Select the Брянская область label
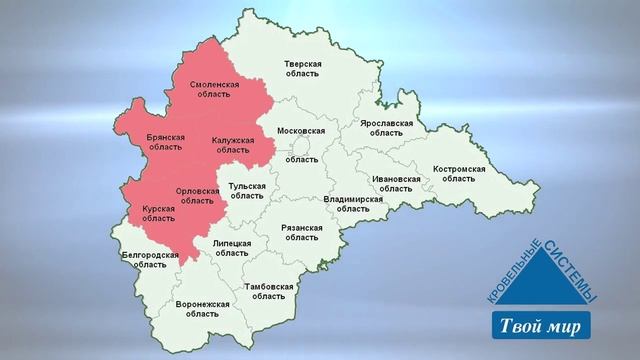165,141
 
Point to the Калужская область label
232,146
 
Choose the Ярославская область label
385,128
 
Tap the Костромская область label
459,174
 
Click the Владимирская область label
354,204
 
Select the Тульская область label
247,191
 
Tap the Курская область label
159,215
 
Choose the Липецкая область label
232,248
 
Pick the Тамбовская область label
268,291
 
